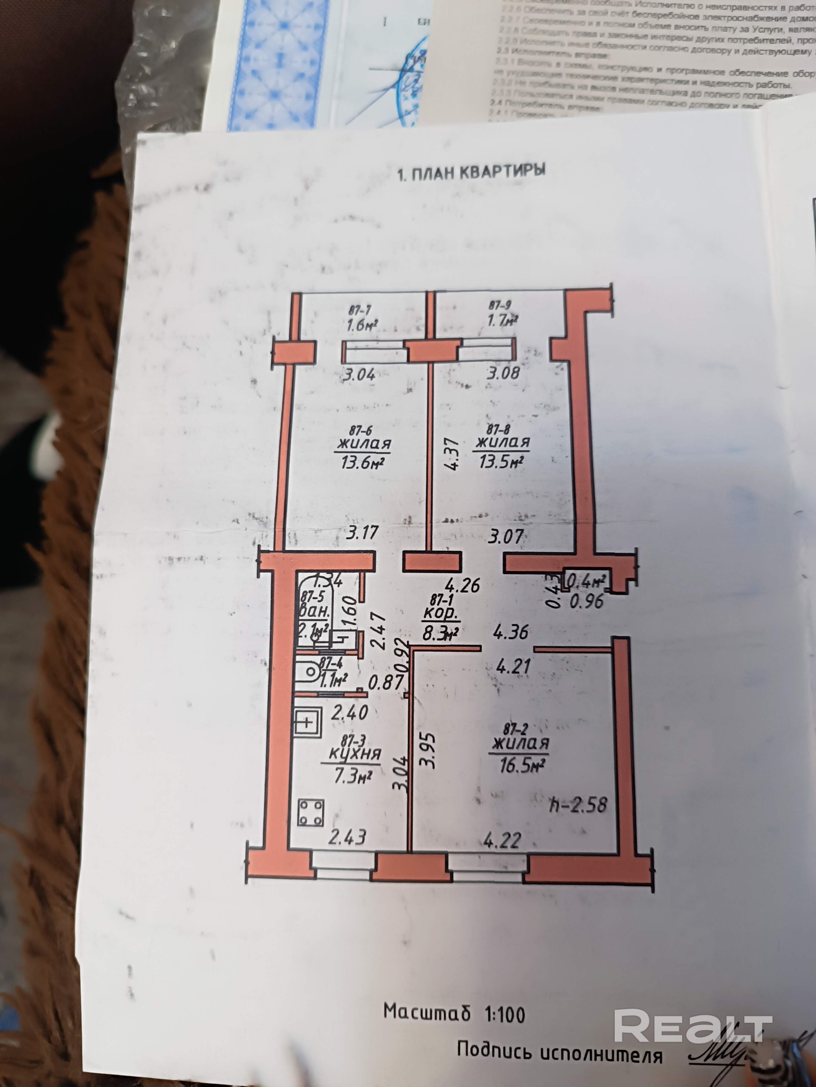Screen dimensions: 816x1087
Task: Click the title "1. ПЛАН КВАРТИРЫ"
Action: pos(471,173)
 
